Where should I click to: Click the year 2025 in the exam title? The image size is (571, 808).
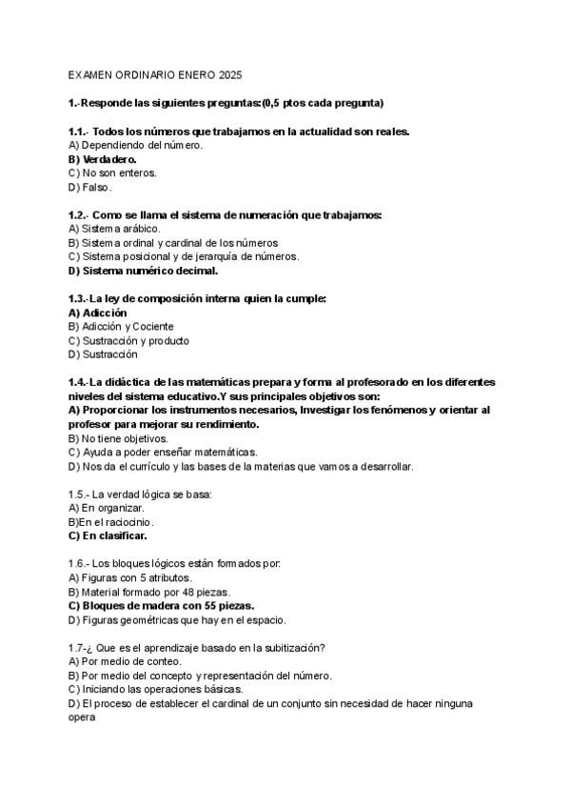click(230, 73)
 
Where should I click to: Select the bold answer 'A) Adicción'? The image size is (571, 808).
click(98, 313)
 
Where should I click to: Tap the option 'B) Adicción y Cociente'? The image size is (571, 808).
click(122, 327)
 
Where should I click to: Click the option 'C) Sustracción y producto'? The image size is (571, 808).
click(128, 340)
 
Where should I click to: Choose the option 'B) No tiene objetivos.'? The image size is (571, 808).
click(118, 438)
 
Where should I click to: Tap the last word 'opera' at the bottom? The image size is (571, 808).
click(83, 717)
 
